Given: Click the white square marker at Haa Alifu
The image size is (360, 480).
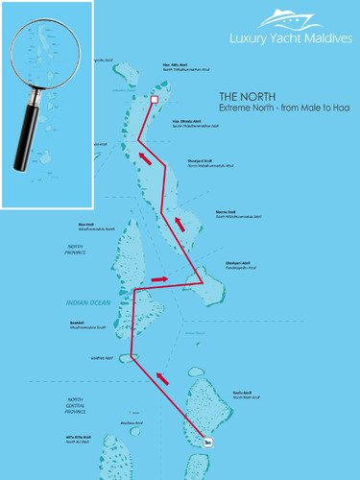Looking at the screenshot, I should coord(155,98).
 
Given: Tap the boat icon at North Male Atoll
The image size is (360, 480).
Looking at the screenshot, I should coord(209,441).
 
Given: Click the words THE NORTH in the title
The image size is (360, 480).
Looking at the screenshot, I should coord(248,96).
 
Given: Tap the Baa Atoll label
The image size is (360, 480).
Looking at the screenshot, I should coord(84,324).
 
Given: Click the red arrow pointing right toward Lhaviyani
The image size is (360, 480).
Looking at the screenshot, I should coord(159,278).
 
